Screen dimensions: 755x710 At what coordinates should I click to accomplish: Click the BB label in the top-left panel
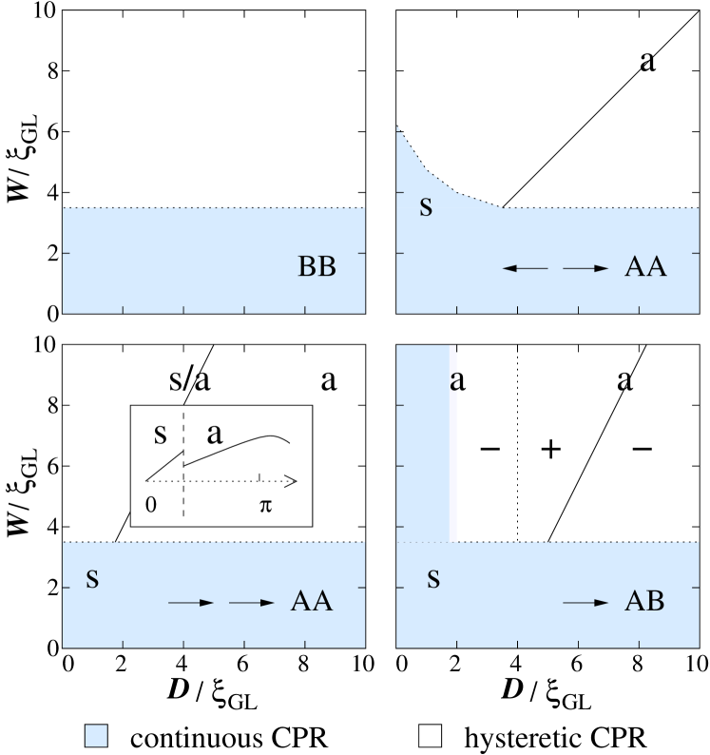317,267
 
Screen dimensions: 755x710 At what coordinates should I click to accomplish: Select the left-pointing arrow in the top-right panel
525,269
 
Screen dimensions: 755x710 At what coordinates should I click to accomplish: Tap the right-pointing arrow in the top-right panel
585,269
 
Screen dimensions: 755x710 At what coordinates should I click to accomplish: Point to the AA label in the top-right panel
645,267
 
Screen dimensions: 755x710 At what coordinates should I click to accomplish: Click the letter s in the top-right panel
426,206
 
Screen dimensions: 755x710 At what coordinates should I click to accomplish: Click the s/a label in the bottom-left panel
189,381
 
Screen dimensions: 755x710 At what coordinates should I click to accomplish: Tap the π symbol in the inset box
265,505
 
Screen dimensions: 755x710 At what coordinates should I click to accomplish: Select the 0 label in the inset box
151,505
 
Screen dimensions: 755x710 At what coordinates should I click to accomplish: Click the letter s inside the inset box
160,435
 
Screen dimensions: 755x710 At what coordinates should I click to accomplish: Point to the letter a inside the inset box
215,435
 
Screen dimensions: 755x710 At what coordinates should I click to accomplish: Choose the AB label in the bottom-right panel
644,602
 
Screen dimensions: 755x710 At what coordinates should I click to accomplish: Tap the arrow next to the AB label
585,603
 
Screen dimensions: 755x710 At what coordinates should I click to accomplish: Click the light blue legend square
96,735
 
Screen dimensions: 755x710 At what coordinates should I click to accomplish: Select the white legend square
431,735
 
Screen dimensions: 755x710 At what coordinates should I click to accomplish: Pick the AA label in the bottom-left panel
311,602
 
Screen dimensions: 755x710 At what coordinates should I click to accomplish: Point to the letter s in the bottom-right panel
433,578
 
